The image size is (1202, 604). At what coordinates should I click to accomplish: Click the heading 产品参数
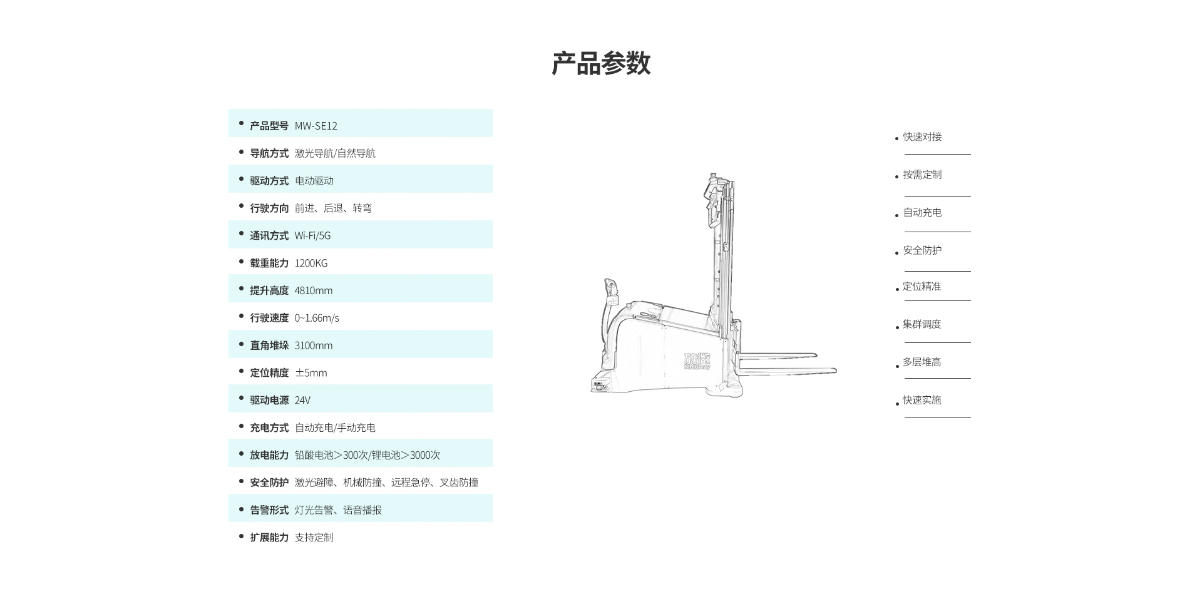click(x=601, y=64)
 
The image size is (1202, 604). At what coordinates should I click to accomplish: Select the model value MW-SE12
click(x=316, y=126)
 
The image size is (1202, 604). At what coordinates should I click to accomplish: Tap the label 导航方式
click(x=269, y=153)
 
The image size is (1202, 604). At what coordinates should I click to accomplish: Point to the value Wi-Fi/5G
click(x=312, y=236)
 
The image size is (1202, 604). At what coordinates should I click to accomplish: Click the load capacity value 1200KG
click(x=311, y=264)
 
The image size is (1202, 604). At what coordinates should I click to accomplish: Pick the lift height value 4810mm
click(x=313, y=290)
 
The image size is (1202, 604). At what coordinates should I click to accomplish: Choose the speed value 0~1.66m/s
click(x=316, y=318)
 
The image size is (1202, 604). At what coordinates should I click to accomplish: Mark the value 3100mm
click(x=313, y=346)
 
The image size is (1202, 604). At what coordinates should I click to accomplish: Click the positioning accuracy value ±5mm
click(x=311, y=373)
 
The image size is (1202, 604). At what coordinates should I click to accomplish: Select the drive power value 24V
click(x=302, y=401)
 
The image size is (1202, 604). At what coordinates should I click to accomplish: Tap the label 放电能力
click(x=269, y=455)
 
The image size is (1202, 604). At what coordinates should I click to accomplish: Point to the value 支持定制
click(x=314, y=538)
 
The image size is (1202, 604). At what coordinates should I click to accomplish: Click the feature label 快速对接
click(x=922, y=137)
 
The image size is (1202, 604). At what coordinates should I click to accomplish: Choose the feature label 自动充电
click(x=922, y=213)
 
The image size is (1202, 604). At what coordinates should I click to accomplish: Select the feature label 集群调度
click(x=922, y=324)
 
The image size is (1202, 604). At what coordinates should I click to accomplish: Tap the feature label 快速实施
click(x=922, y=400)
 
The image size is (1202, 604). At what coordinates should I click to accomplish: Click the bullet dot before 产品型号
click(x=241, y=124)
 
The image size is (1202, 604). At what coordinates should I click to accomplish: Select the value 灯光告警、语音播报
click(x=338, y=510)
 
